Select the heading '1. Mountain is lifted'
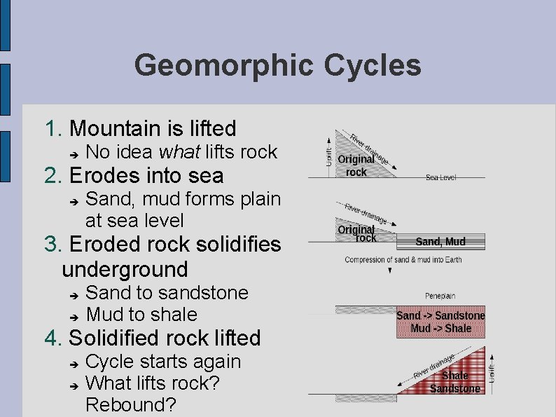click(x=140, y=128)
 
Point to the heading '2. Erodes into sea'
click(x=134, y=175)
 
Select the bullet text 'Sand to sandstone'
click(x=167, y=292)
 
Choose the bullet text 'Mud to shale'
click(x=141, y=314)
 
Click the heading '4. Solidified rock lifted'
click(x=152, y=338)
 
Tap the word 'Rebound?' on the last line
click(x=130, y=404)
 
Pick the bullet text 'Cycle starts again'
click(x=162, y=362)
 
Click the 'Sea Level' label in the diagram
click(x=440, y=177)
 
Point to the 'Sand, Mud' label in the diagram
click(x=440, y=242)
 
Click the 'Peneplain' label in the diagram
click(x=440, y=296)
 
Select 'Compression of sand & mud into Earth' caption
click(x=403, y=260)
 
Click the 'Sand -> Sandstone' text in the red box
click(x=440, y=315)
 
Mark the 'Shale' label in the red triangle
click(x=455, y=376)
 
